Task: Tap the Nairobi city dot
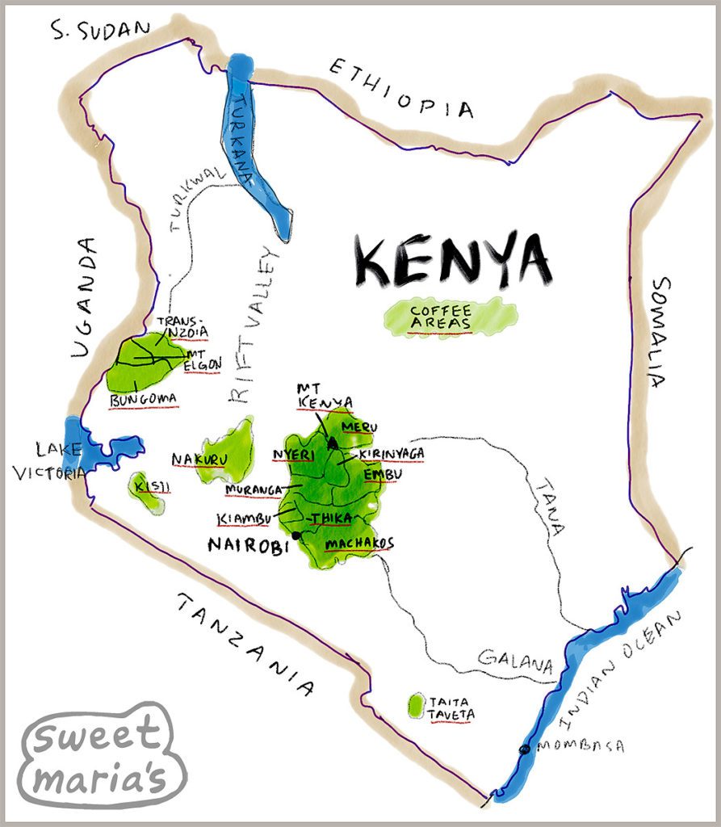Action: (296, 535)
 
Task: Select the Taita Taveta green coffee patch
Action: (416, 706)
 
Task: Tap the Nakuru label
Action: (198, 460)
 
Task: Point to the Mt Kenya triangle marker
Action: (332, 443)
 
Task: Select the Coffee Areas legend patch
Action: (450, 317)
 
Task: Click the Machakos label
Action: (358, 543)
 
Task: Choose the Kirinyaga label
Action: (392, 454)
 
